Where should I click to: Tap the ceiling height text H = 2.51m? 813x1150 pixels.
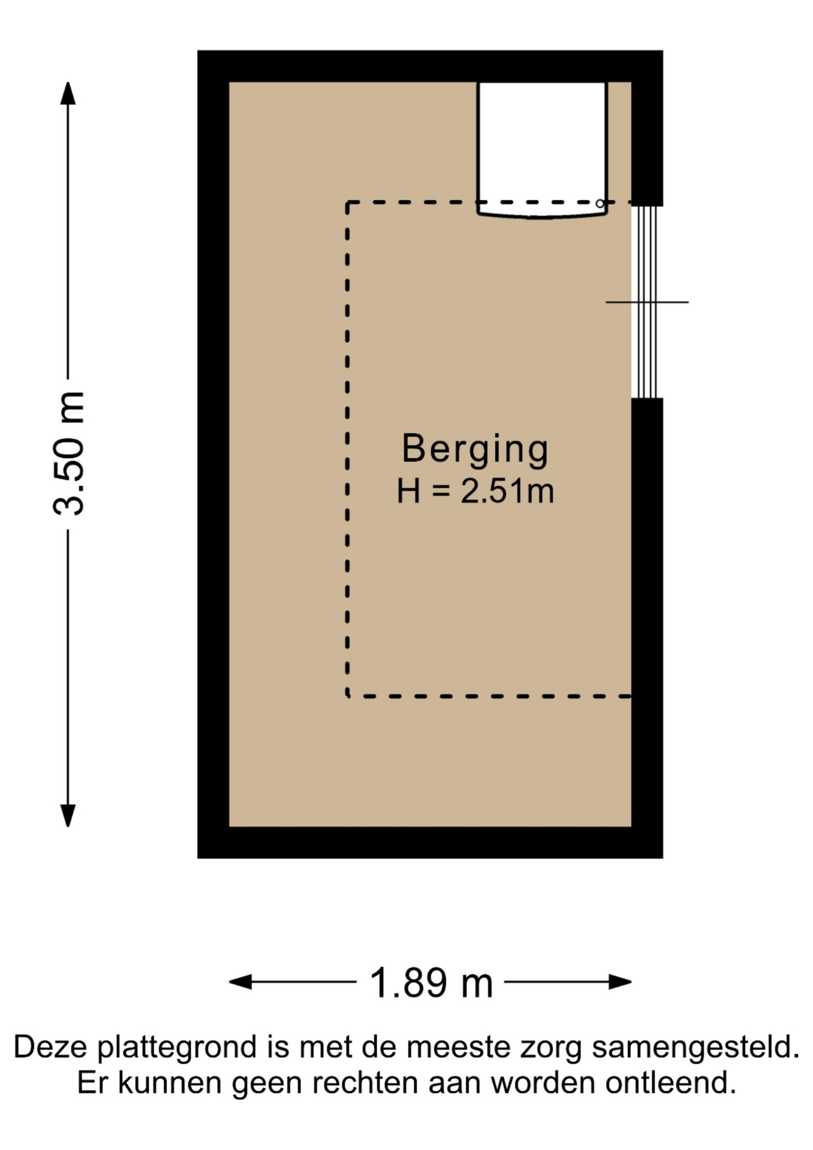pyautogui.click(x=475, y=492)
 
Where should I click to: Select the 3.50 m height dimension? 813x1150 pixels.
pyautogui.click(x=68, y=454)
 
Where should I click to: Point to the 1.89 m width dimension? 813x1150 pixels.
pyautogui.click(x=430, y=983)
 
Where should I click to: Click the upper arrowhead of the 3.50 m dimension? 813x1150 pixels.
pyautogui.click(x=68, y=93)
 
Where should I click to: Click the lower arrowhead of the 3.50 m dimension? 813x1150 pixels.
pyautogui.click(x=68, y=816)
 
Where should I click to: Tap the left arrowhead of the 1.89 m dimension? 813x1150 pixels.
pyautogui.click(x=240, y=982)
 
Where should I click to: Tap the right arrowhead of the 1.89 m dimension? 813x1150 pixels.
pyautogui.click(x=621, y=982)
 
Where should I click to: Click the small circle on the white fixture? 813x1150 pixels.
pyautogui.click(x=600, y=204)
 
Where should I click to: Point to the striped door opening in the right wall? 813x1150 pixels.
pyautogui.click(x=647, y=302)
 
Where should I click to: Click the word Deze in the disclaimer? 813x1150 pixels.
pyautogui.click(x=51, y=1048)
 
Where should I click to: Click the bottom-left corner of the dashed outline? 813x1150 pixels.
pyautogui.click(x=348, y=697)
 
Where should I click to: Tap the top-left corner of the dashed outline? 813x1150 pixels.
pyautogui.click(x=348, y=203)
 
